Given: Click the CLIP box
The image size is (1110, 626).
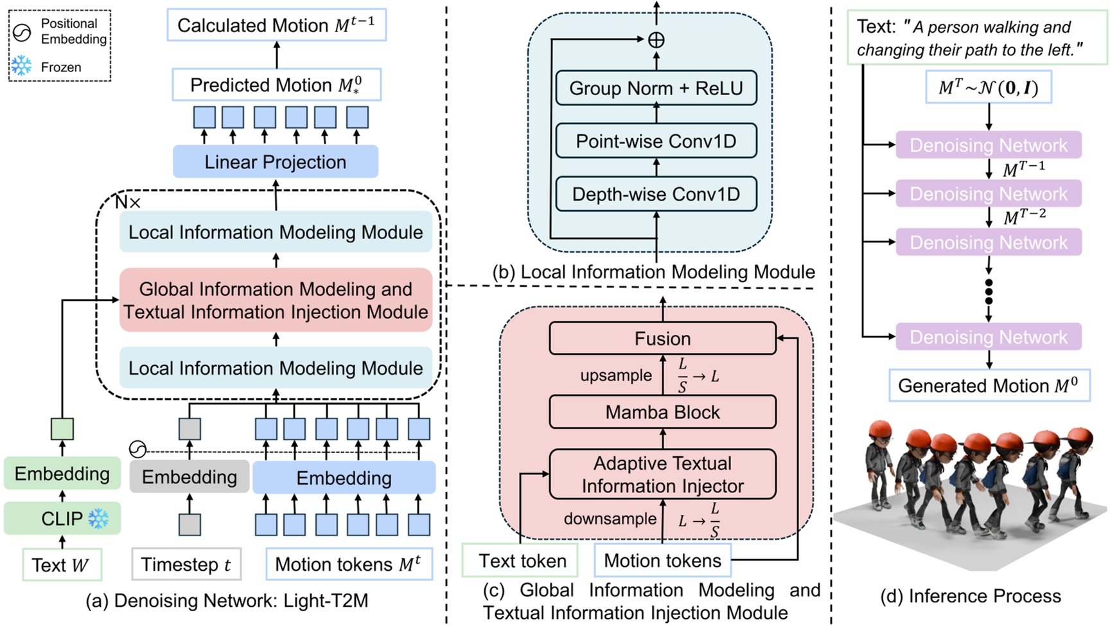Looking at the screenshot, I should tap(62, 518).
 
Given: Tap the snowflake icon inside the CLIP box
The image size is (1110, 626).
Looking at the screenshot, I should tap(98, 518).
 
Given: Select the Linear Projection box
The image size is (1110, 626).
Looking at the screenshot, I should tap(275, 162).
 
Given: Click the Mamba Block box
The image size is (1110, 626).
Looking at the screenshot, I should tap(662, 412).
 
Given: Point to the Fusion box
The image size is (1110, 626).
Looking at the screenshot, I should tap(662, 339).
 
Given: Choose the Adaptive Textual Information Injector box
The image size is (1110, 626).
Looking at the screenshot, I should tap(662, 474).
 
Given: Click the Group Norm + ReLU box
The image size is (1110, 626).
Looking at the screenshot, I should tap(656, 88).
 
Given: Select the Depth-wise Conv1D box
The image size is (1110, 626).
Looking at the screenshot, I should tap(656, 194).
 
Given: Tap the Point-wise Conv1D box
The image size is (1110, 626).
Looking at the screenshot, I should tap(656, 141).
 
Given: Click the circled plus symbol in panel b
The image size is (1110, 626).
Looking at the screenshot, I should tap(656, 40).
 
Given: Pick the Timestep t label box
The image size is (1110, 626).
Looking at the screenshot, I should tap(186, 564).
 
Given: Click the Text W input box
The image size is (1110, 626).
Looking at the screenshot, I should tap(61, 565).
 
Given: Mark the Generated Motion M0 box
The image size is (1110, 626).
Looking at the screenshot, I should tap(989, 386).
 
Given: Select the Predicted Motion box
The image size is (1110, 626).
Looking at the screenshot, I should tap(276, 85).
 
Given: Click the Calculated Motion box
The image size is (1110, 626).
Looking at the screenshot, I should tap(276, 26).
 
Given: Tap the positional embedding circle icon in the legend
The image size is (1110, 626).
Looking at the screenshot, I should tap(22, 32).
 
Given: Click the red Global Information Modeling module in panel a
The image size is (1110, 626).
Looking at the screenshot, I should tap(276, 300).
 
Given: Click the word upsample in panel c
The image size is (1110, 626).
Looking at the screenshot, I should tap(615, 375).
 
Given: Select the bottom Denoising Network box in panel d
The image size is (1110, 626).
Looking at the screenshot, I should tap(988, 337).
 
